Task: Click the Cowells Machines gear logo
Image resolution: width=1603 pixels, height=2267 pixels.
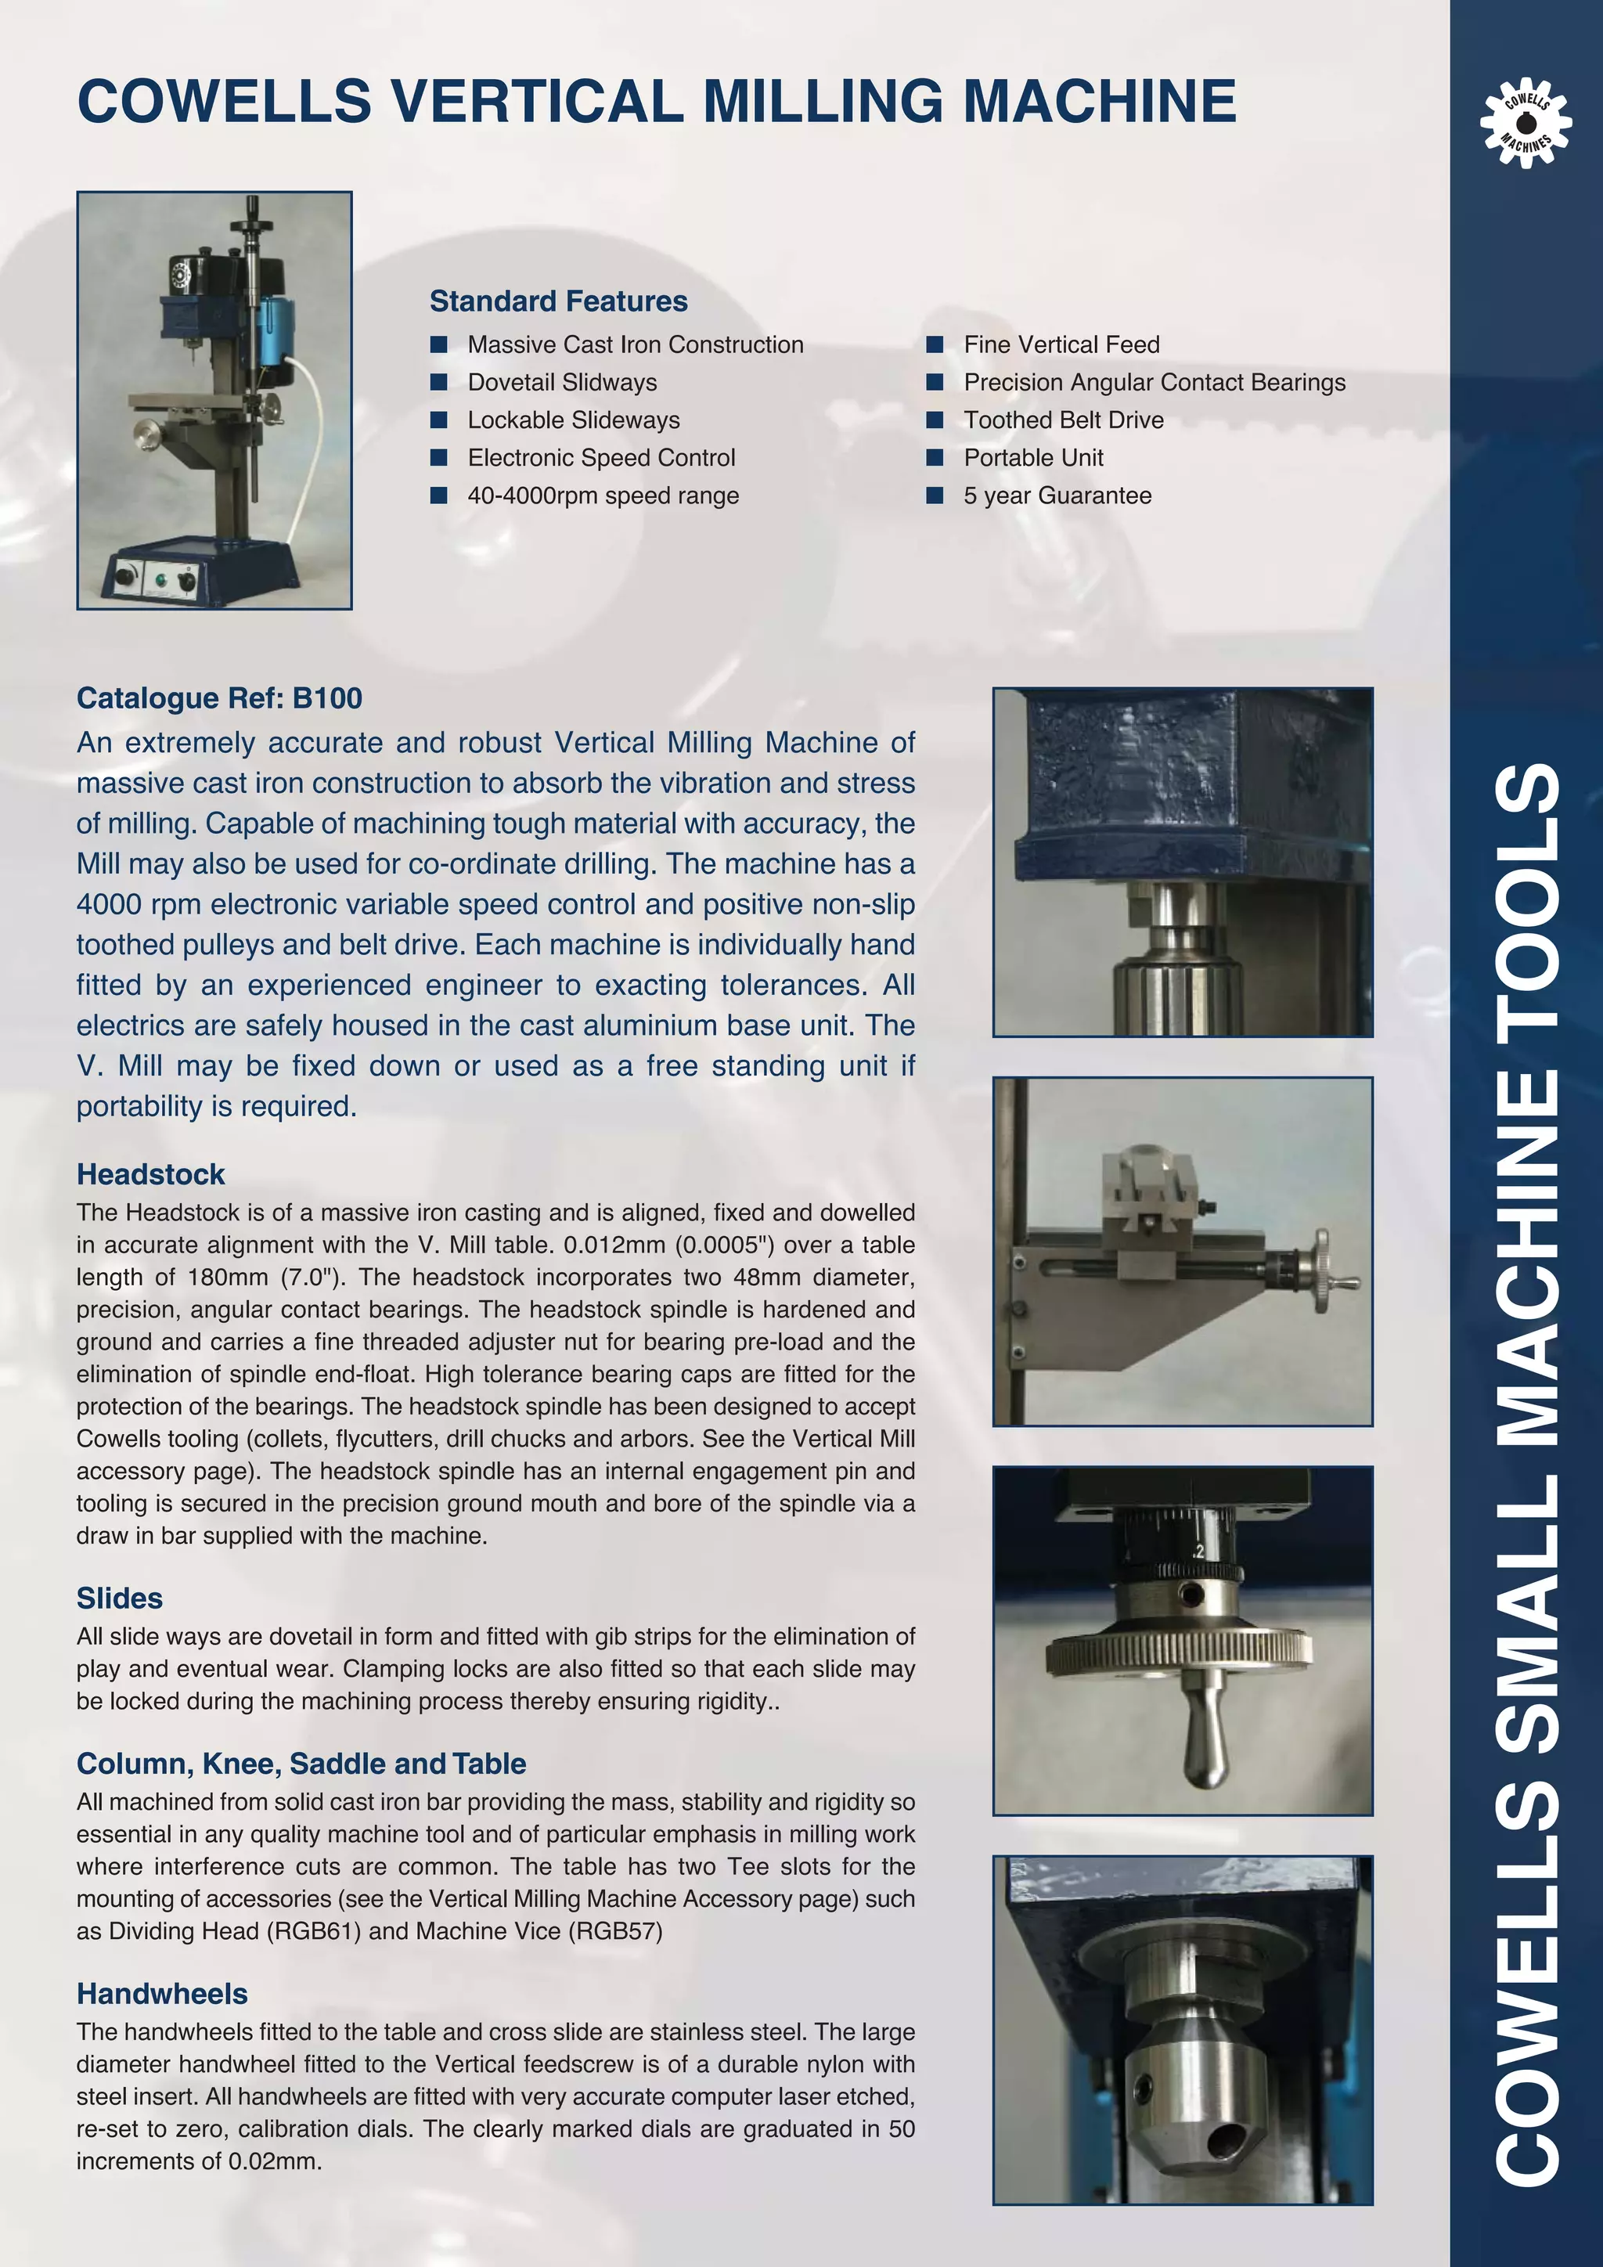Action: [x=1525, y=122]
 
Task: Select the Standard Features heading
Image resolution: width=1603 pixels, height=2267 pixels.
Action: [x=558, y=301]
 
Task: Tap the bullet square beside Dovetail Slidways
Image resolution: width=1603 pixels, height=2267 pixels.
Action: [x=439, y=382]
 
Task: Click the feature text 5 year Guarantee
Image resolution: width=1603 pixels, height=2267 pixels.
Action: [x=1057, y=496]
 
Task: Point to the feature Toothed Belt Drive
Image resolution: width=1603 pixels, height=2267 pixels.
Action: [x=1063, y=420]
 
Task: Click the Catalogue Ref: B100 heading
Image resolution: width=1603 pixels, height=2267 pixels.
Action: [x=219, y=698]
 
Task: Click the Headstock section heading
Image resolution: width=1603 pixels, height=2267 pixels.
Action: [x=151, y=1174]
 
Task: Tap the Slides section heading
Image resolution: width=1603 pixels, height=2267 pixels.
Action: [x=120, y=1598]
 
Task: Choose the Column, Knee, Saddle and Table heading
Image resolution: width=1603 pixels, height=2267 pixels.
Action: [x=301, y=1764]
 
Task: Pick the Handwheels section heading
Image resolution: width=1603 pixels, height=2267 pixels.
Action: [x=162, y=1994]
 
